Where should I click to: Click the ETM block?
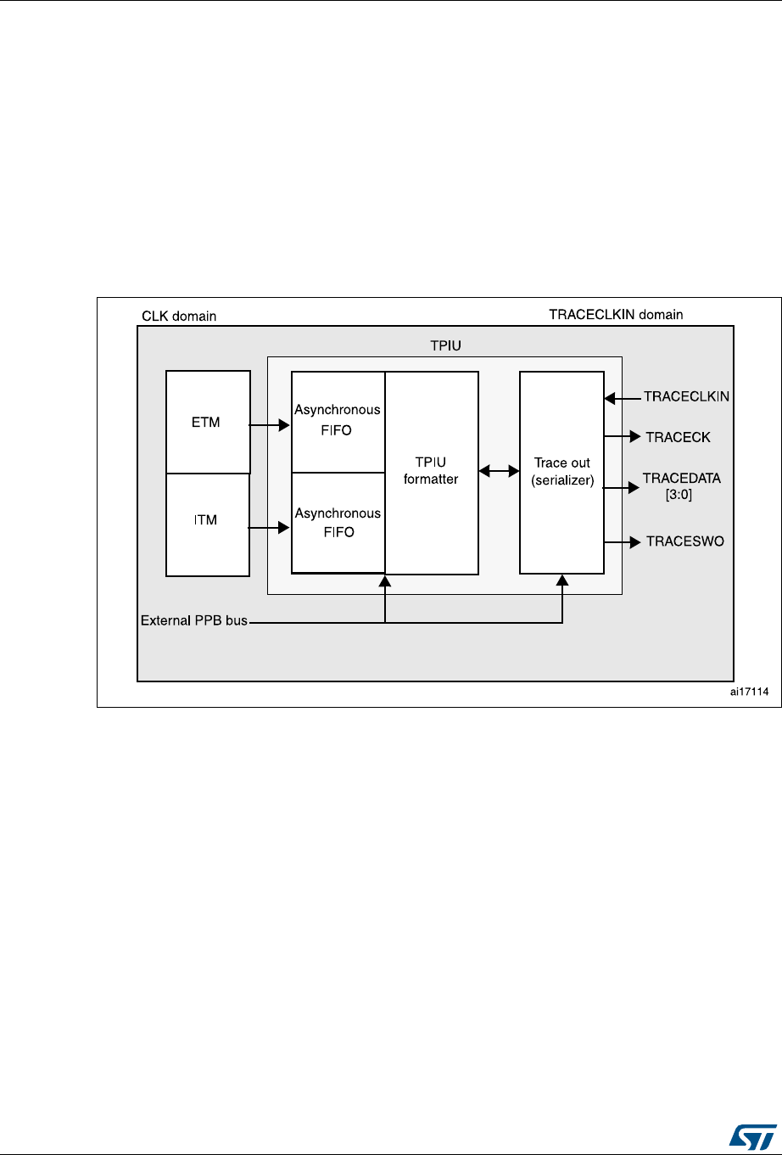pyautogui.click(x=208, y=422)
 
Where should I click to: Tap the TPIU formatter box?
pyautogui.click(x=432, y=472)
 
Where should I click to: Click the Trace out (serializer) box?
pyautogui.click(x=561, y=472)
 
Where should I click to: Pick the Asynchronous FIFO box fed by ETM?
pyautogui.click(x=338, y=421)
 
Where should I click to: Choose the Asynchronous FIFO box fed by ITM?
pyautogui.click(x=338, y=523)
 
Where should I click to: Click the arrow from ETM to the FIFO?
pyautogui.click(x=270, y=424)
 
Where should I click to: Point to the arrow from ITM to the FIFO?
pyautogui.click(x=270, y=528)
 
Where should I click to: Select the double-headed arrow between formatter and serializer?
pyautogui.click(x=499, y=469)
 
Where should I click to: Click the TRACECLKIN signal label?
pyautogui.click(x=687, y=395)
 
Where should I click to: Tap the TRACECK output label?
pyautogui.click(x=678, y=437)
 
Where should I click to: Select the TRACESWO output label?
pyautogui.click(x=684, y=541)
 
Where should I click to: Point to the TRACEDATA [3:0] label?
pyautogui.click(x=682, y=486)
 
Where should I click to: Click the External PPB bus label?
pyautogui.click(x=193, y=621)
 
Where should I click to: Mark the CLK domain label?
pyautogui.click(x=178, y=317)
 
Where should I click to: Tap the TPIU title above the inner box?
pyautogui.click(x=444, y=346)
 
